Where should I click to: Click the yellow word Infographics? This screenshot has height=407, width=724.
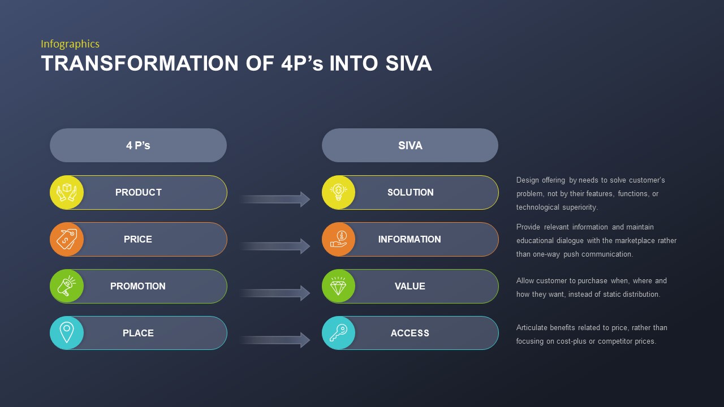(70, 44)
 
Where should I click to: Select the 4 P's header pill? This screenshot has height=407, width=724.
(139, 145)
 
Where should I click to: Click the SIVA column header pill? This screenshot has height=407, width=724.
(410, 145)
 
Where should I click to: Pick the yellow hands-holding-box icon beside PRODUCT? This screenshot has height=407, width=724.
(67, 192)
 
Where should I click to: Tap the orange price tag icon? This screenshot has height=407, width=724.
(67, 239)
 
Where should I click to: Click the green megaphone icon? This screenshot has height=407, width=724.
(67, 286)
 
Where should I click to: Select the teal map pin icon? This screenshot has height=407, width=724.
(67, 333)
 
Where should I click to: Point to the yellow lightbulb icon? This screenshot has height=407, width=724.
(338, 192)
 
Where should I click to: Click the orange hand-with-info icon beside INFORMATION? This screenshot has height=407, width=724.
(338, 239)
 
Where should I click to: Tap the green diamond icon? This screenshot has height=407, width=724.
(338, 286)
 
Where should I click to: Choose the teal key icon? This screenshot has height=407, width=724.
(338, 333)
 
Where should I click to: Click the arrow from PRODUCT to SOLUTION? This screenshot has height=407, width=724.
(275, 199)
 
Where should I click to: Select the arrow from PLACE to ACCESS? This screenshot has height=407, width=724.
(275, 340)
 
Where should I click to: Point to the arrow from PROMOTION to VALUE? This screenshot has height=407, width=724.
(275, 293)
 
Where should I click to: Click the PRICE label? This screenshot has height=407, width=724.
(138, 239)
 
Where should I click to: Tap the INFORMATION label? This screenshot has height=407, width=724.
(410, 239)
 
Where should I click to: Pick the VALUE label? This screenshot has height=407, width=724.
(410, 286)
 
